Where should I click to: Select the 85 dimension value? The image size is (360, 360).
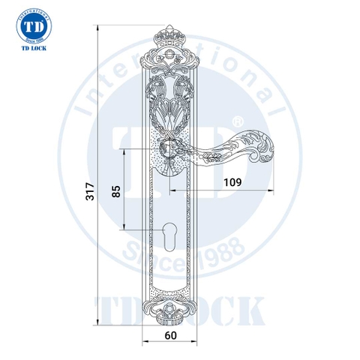click(x=115, y=190)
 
